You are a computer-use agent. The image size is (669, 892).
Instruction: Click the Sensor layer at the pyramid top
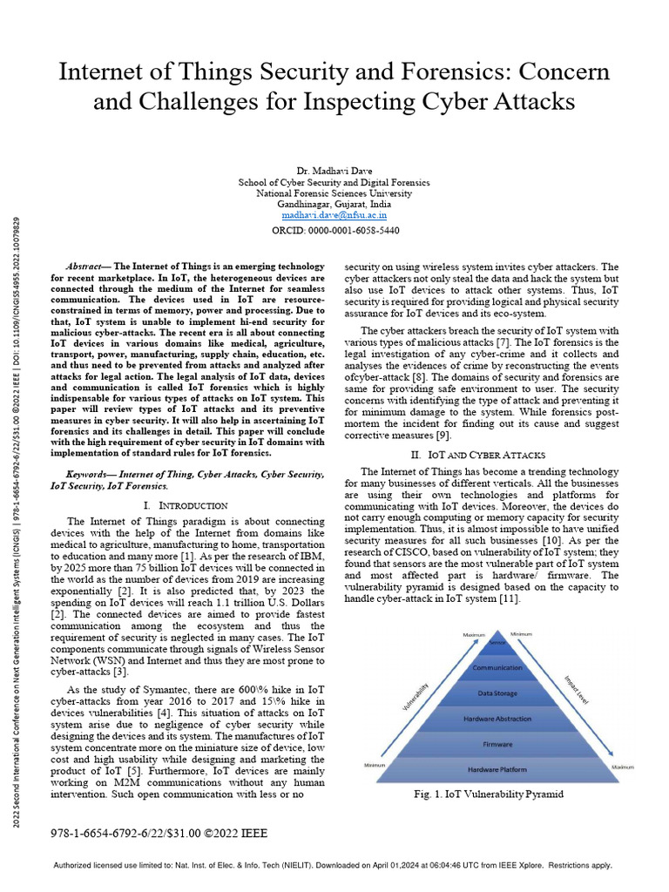click(497, 643)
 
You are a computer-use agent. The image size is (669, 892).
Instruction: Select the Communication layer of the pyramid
click(497, 667)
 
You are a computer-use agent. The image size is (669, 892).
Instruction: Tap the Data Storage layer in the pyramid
click(497, 693)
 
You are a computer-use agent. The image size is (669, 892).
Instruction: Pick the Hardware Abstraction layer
click(497, 719)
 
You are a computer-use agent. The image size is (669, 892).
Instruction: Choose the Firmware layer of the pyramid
click(497, 745)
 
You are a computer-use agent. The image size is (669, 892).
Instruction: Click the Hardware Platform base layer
click(497, 770)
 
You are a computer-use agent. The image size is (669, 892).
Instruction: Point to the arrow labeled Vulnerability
click(416, 693)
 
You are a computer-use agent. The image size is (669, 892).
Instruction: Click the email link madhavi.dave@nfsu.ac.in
click(334, 214)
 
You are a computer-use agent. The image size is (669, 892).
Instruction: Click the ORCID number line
click(334, 230)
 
